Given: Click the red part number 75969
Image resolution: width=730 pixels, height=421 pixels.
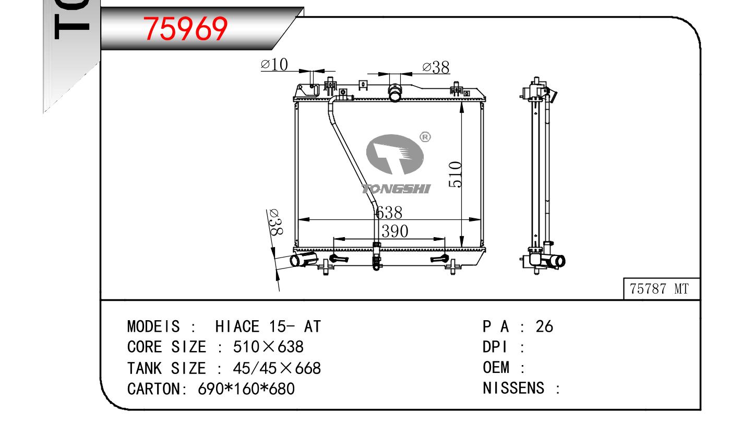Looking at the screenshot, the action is pyautogui.click(x=185, y=29).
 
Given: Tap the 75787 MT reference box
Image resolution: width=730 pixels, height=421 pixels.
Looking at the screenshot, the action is pyautogui.click(x=662, y=289).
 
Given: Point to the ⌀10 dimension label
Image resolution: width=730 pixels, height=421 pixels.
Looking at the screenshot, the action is pyautogui.click(x=274, y=64).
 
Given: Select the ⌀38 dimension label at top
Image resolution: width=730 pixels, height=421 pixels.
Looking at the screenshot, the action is pyautogui.click(x=436, y=67).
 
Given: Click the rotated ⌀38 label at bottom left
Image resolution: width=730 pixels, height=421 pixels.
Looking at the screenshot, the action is pyautogui.click(x=276, y=222).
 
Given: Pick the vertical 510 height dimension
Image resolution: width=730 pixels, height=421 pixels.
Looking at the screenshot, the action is pyautogui.click(x=456, y=174).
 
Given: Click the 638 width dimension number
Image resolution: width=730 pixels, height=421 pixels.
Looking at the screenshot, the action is pyautogui.click(x=388, y=213).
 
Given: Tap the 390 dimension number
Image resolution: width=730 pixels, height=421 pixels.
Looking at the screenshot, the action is pyautogui.click(x=394, y=231).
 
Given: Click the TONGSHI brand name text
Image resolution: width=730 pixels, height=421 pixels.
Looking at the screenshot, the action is pyautogui.click(x=396, y=189).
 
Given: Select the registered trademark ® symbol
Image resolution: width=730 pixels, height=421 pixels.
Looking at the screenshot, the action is pyautogui.click(x=425, y=137).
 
